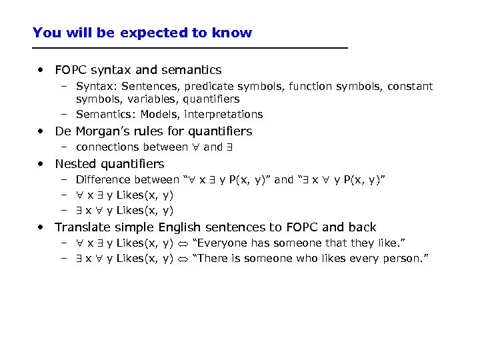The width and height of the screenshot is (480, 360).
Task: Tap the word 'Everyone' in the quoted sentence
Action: pos(221,243)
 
